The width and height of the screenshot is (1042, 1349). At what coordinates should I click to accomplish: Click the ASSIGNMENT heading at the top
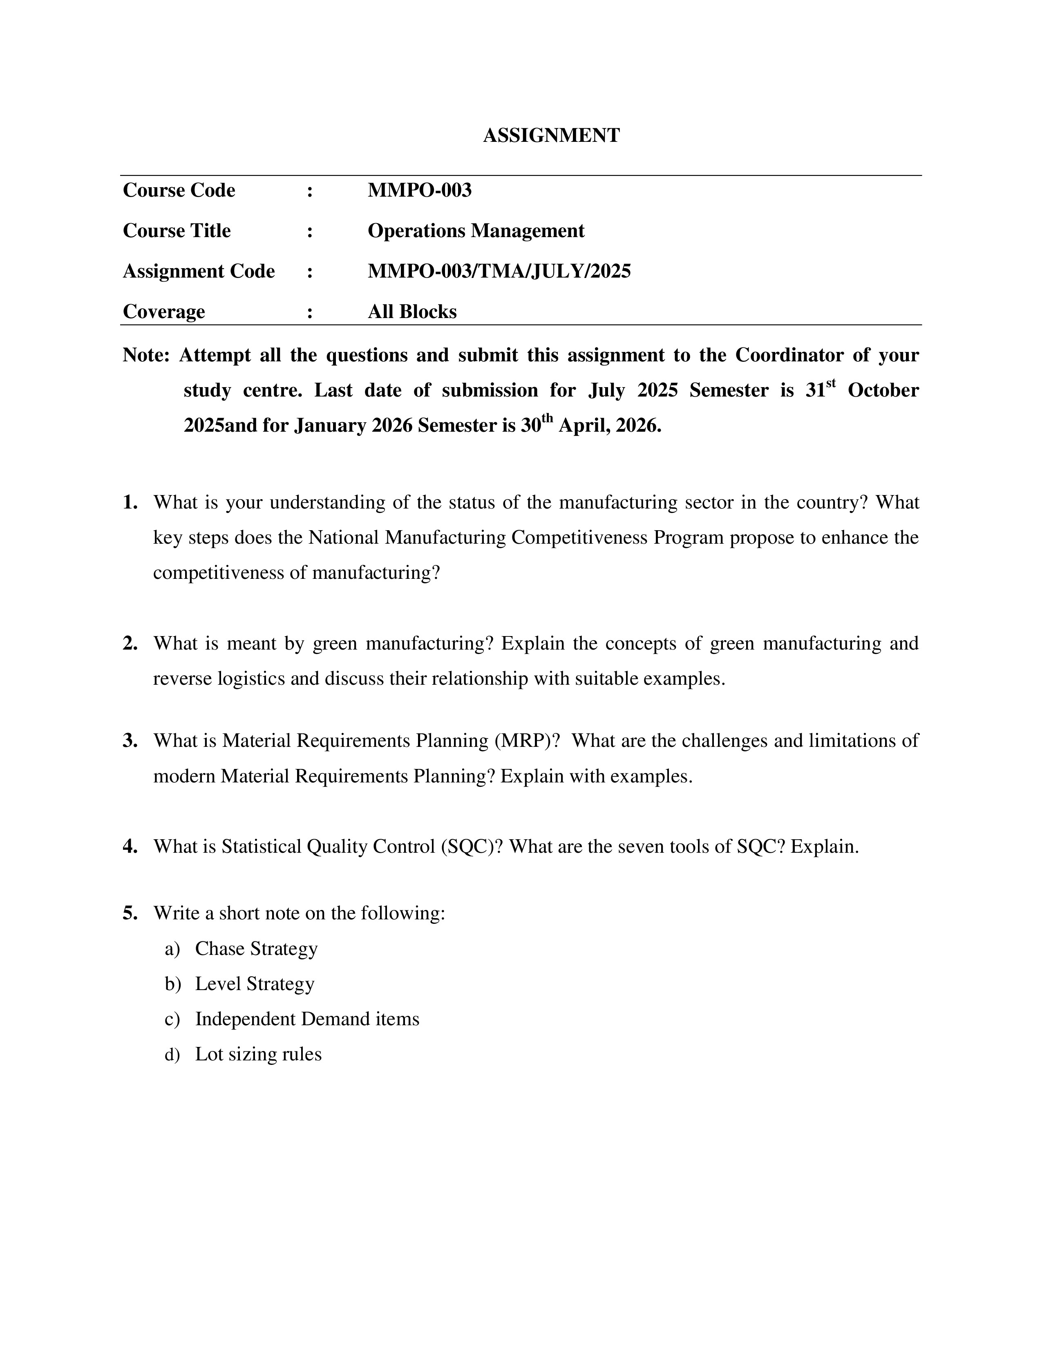click(551, 135)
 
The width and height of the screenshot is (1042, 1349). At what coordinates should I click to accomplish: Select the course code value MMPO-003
click(419, 190)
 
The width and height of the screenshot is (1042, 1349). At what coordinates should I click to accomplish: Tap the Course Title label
click(177, 231)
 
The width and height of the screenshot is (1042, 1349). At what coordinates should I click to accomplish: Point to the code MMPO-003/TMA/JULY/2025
click(499, 271)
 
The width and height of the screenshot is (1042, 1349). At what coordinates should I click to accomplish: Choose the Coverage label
click(163, 311)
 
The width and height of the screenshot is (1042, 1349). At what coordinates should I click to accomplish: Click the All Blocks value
click(412, 311)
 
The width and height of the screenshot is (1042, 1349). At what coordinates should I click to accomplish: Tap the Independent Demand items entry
click(307, 1019)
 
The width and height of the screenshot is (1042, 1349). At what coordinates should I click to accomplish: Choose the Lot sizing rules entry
click(258, 1054)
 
